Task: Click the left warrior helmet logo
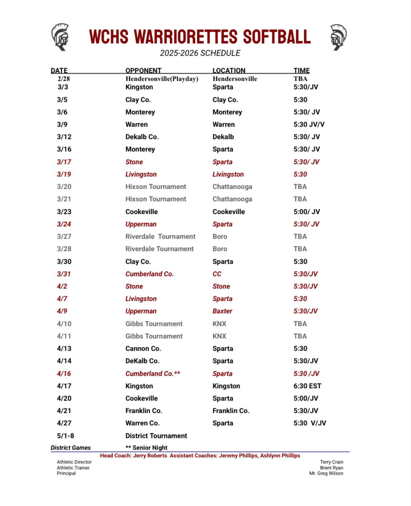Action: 60,37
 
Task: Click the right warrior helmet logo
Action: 338,37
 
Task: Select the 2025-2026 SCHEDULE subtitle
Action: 200,53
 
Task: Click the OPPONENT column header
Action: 143,71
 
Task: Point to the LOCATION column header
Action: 229,71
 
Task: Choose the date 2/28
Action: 63,79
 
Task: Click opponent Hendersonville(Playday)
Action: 162,79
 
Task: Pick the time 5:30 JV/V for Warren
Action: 309,124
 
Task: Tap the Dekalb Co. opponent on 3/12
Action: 142,137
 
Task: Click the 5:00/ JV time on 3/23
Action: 307,212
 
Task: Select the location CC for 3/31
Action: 217,274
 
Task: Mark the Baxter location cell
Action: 222,311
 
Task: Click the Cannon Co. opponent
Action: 143,348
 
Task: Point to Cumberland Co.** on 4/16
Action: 153,374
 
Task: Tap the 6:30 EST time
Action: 307,386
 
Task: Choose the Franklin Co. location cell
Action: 231,411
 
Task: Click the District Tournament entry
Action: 156,436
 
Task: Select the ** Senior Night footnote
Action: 146,448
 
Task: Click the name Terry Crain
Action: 331,462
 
